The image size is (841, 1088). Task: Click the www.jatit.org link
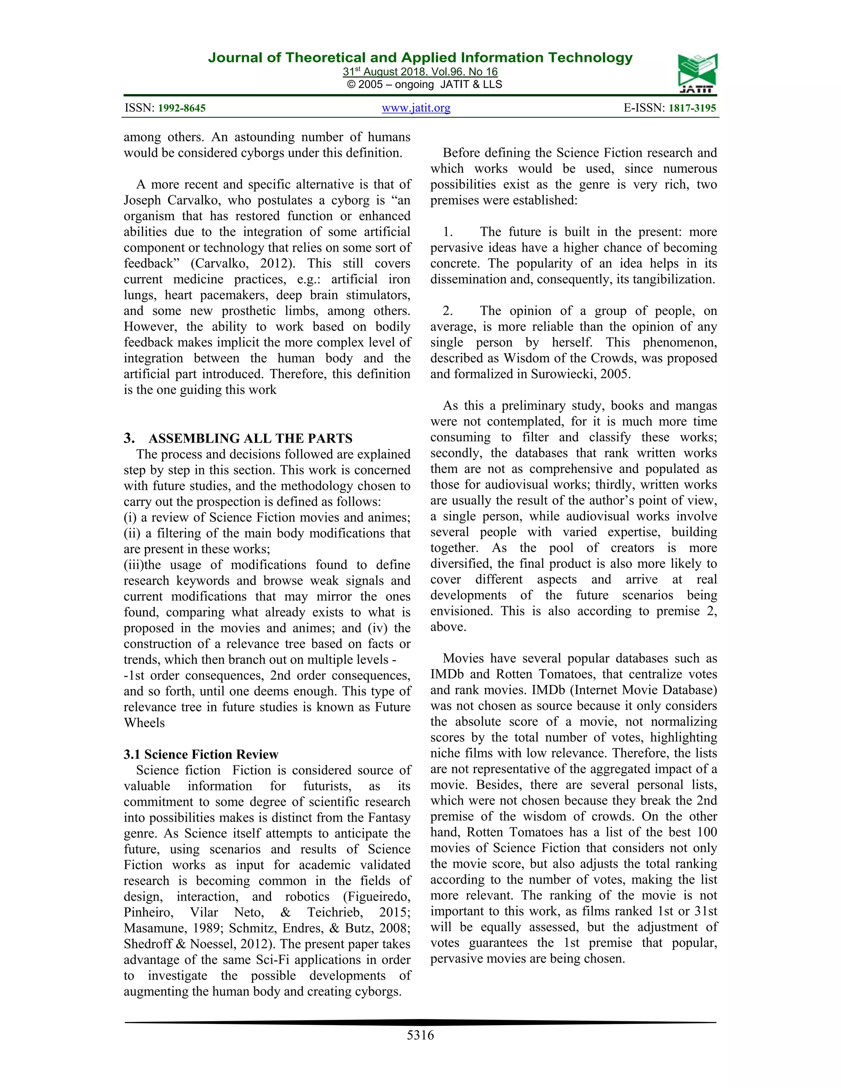point(416,108)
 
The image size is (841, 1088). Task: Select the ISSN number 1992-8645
point(182,108)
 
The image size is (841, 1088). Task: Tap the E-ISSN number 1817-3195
point(692,108)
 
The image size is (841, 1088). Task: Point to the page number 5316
point(420,1035)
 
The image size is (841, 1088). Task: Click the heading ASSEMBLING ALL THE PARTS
point(250,438)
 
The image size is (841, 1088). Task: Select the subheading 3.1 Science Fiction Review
point(201,754)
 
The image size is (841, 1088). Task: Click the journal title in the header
point(420,58)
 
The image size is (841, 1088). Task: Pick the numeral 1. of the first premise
point(448,232)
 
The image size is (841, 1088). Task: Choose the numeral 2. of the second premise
point(448,311)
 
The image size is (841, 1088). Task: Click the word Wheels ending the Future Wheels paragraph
point(144,723)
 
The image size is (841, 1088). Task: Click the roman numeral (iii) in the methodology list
point(133,565)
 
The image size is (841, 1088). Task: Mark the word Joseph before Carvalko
point(142,200)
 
